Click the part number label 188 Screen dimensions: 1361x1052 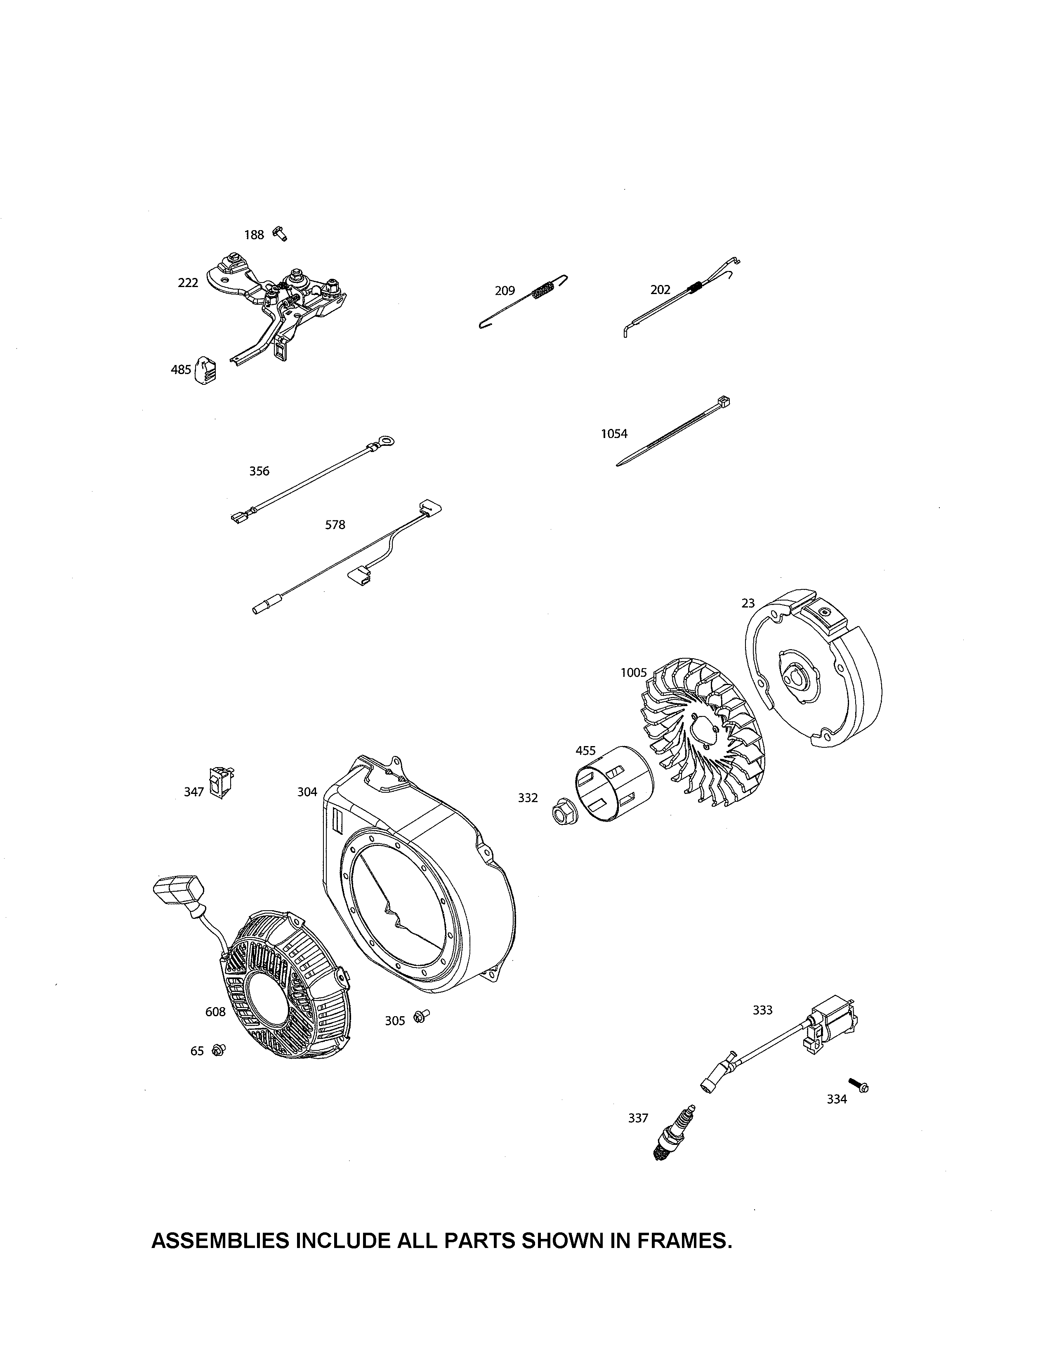click(x=254, y=235)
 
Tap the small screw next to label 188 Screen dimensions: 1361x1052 click(x=281, y=234)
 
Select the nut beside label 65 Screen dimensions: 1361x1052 click(x=219, y=1050)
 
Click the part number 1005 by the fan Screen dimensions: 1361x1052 click(x=634, y=673)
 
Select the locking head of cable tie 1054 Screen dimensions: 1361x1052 click(x=724, y=400)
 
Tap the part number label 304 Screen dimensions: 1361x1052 click(x=307, y=792)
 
